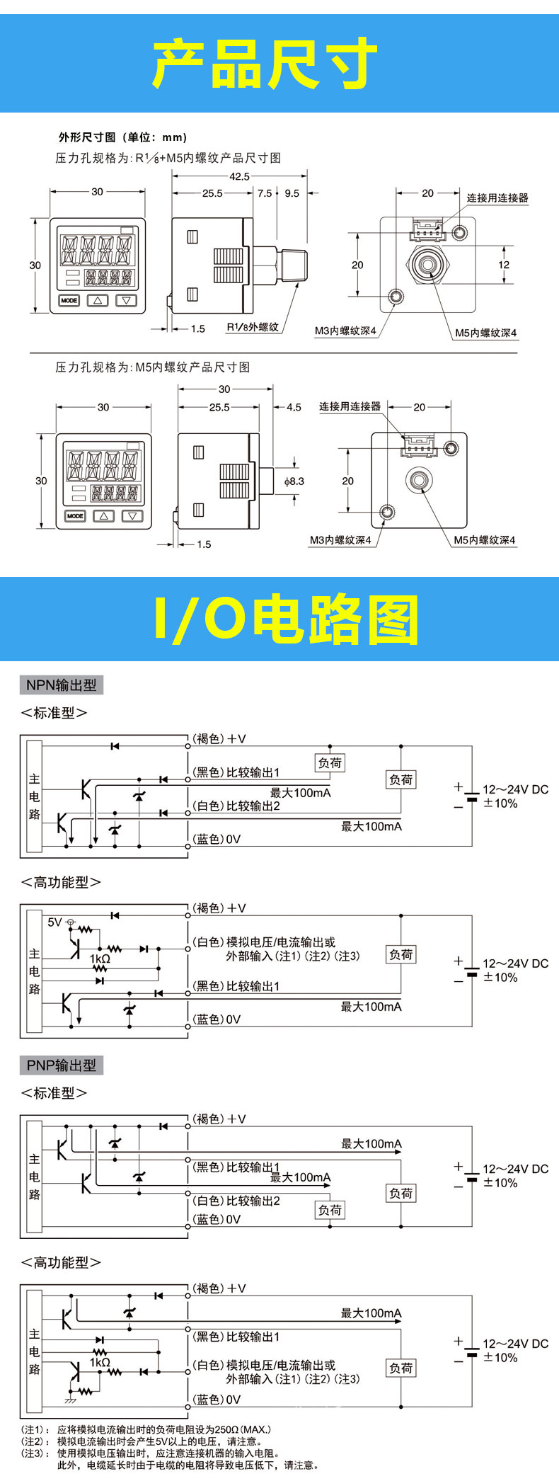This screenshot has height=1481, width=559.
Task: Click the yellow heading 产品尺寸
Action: [x=265, y=64]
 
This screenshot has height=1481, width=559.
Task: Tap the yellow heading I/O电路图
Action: [x=286, y=620]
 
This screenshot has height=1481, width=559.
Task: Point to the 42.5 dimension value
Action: [x=239, y=176]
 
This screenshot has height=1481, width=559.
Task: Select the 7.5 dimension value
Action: [x=265, y=193]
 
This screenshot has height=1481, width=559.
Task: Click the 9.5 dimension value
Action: [x=292, y=193]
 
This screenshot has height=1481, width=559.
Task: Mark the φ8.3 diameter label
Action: [x=294, y=481]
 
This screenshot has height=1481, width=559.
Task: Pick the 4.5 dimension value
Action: [x=294, y=407]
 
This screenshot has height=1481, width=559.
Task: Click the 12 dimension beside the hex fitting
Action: [x=504, y=265]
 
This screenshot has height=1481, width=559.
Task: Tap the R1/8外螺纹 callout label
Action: [x=253, y=327]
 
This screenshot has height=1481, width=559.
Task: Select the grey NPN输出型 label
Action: [x=61, y=685]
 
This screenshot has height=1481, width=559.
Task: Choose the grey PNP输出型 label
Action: [x=61, y=1065]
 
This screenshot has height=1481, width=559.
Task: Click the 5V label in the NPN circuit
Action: [x=54, y=922]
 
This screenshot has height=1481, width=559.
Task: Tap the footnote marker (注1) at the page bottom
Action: [x=33, y=1430]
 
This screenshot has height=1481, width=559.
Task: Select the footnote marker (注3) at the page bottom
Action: [x=33, y=1453]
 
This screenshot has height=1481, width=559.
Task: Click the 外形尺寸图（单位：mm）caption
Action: [x=122, y=137]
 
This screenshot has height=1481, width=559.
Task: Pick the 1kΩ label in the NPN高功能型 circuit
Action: [x=100, y=958]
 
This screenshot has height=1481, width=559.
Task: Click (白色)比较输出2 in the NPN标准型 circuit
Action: [x=236, y=806]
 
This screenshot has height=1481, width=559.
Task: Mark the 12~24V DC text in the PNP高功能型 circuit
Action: [x=515, y=1344]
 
